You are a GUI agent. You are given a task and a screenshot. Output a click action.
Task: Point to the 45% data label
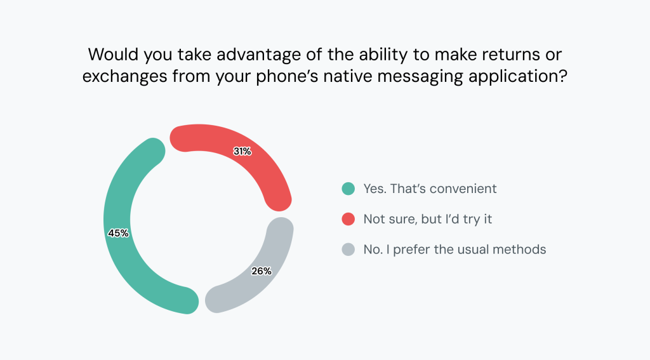point(118,233)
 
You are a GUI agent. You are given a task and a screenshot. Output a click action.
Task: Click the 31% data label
point(242,152)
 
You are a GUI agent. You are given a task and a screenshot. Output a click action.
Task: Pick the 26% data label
point(261,271)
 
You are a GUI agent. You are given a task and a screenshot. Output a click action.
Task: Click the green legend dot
point(347,189)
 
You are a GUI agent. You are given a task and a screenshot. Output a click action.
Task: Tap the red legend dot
point(347,219)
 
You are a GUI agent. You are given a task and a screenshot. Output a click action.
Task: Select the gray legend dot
point(347,250)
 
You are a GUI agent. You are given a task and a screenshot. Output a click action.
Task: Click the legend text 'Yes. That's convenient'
point(429,189)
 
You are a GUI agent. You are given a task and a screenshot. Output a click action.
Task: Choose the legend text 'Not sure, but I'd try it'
point(427,219)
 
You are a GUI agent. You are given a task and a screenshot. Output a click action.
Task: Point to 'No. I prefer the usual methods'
point(454,250)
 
